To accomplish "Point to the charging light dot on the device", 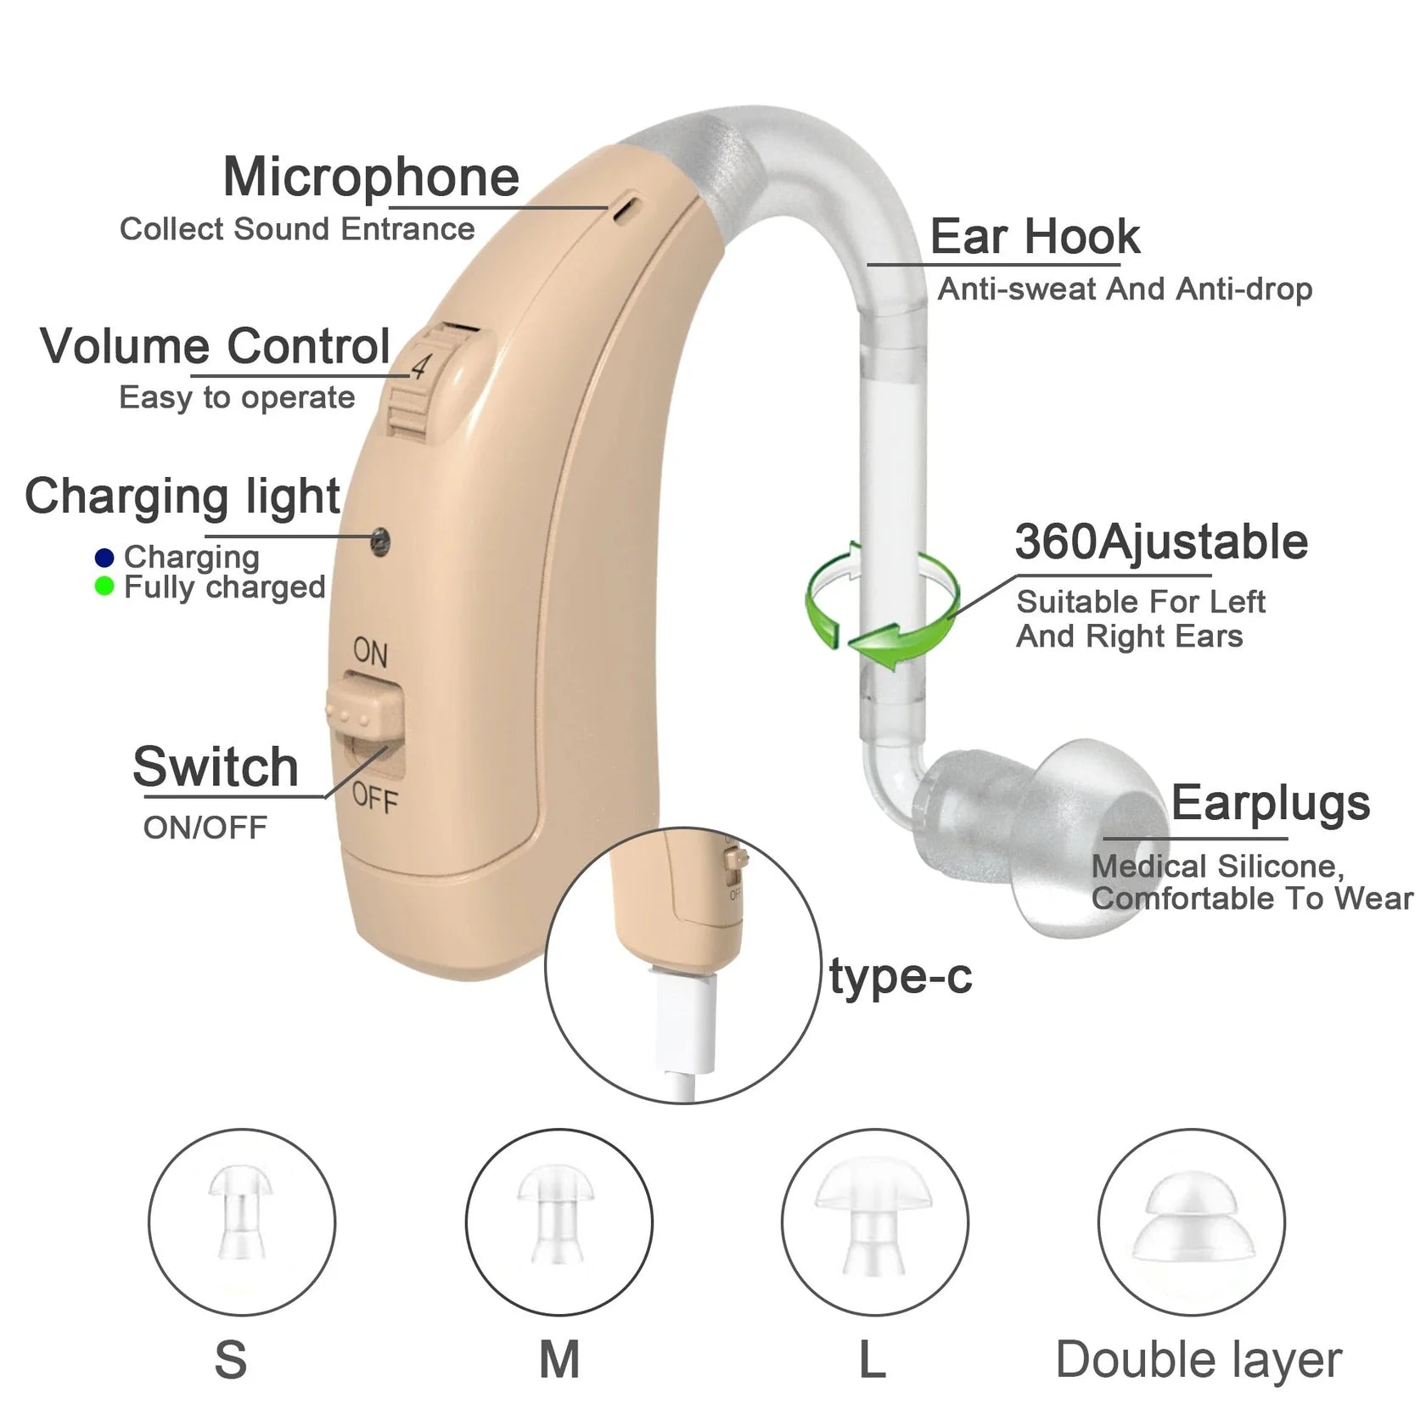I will (x=381, y=538).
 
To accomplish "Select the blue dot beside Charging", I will (x=104, y=558).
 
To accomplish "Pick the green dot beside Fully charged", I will (x=104, y=587).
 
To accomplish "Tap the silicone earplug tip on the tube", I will (x=1069, y=836).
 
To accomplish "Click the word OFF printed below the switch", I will (x=374, y=798).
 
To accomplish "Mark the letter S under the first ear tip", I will (x=231, y=1360).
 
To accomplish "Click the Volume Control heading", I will (x=216, y=346).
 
